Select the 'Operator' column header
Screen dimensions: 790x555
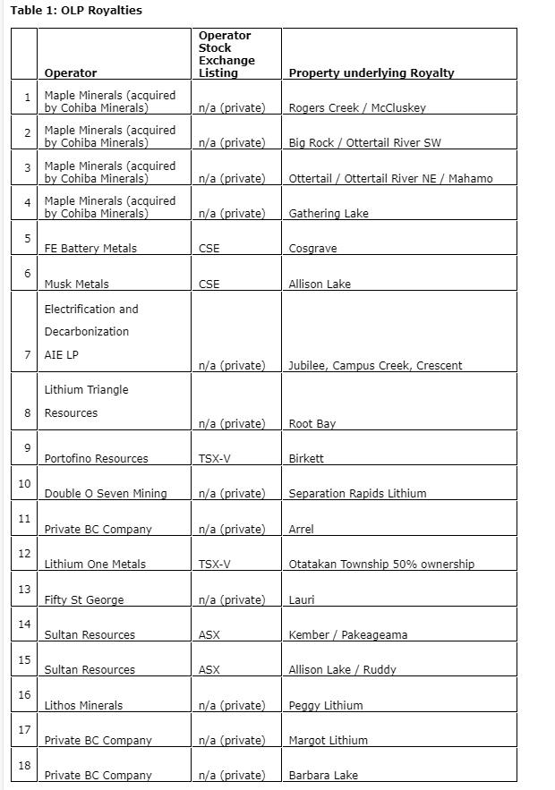71,73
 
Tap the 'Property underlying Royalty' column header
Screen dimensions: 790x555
371,73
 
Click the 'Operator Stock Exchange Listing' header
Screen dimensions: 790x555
226,55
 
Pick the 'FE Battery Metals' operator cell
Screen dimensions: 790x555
90,249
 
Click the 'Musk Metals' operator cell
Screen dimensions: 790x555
77,285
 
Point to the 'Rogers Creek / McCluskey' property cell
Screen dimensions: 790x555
357,108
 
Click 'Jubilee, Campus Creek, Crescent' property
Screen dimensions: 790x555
376,366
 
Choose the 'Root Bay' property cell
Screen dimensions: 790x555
312,424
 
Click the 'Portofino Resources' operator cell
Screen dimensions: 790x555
97,459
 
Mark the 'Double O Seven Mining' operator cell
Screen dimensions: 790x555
106,494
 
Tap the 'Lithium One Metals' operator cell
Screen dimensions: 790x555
95,565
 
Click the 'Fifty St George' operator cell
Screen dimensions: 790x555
84,599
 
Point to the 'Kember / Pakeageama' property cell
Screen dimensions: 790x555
348,635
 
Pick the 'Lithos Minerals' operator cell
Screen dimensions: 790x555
84,706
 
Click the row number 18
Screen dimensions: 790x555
24,765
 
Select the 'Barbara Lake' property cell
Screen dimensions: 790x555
323,776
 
